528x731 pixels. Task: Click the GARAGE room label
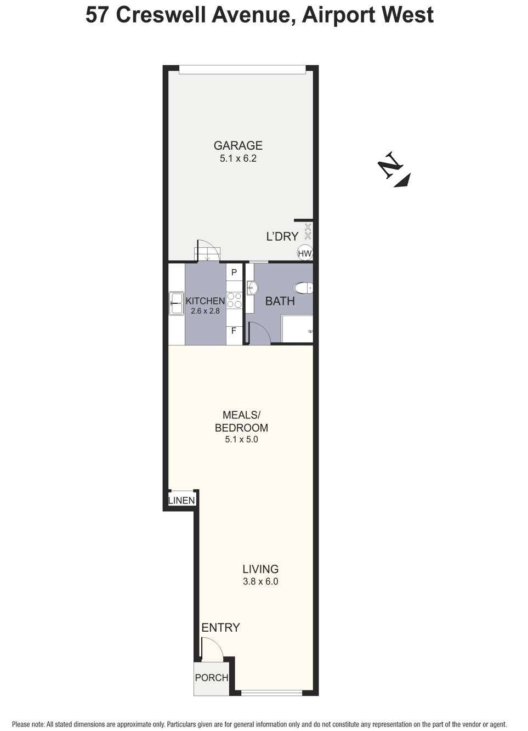coord(238,145)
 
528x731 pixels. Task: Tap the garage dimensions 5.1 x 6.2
coord(238,158)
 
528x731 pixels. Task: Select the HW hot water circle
coord(304,253)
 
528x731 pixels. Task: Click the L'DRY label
coord(282,236)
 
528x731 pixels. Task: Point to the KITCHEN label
coord(205,301)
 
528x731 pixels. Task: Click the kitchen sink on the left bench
coord(177,303)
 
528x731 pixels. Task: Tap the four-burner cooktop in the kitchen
coord(234,300)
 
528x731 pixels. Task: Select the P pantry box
coord(234,273)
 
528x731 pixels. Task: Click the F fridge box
coord(234,331)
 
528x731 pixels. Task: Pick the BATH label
coord(280,301)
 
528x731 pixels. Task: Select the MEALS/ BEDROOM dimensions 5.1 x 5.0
coord(241,439)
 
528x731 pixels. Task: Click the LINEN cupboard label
coord(181,500)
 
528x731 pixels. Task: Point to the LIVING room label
coord(260,569)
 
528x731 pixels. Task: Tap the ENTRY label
coord(220,627)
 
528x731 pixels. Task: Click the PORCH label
coord(212,678)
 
